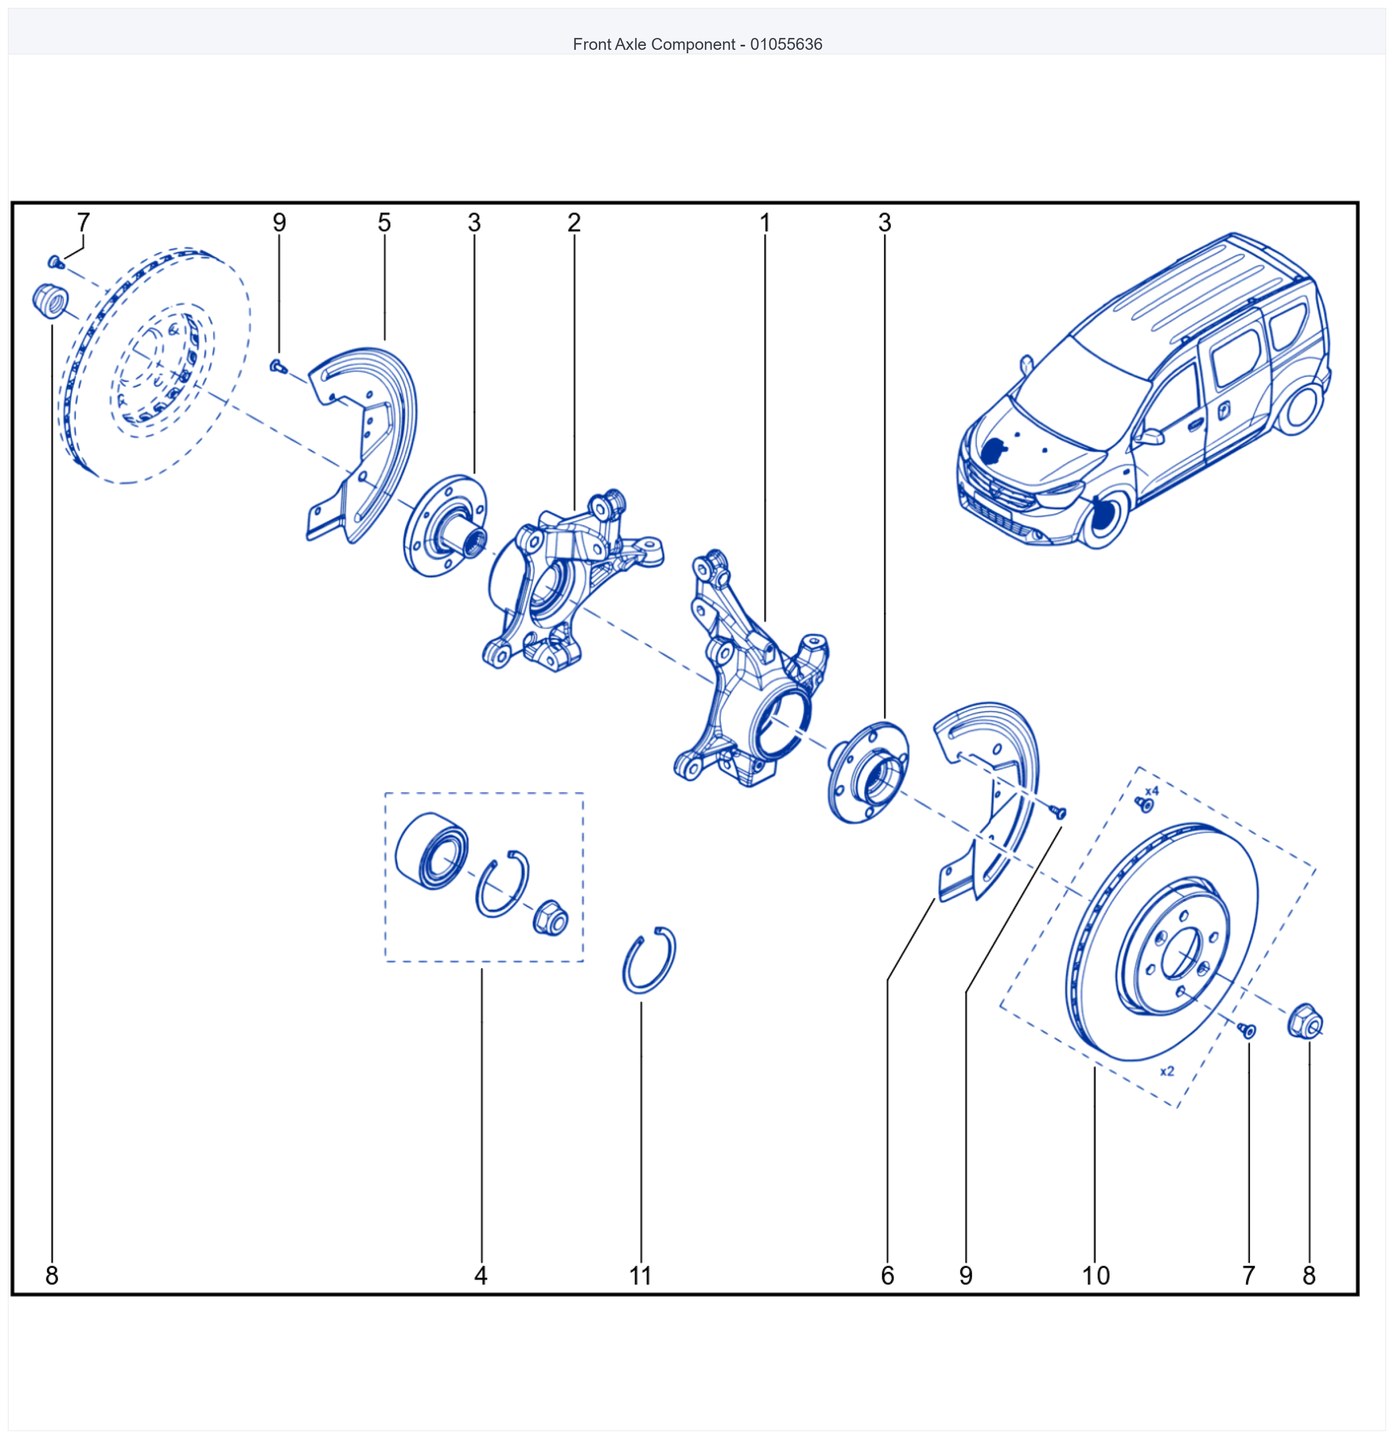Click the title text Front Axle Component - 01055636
(x=697, y=44)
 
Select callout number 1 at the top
(x=764, y=223)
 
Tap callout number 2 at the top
(x=573, y=223)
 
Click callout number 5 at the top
(x=384, y=223)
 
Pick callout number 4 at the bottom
(x=481, y=1275)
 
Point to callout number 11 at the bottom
(x=640, y=1275)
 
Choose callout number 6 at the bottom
(x=887, y=1275)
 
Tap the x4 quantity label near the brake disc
(x=1151, y=791)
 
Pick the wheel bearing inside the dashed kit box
(x=431, y=851)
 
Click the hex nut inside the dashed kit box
(x=550, y=918)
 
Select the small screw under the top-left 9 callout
(x=278, y=365)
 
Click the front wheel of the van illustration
(x=1103, y=518)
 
